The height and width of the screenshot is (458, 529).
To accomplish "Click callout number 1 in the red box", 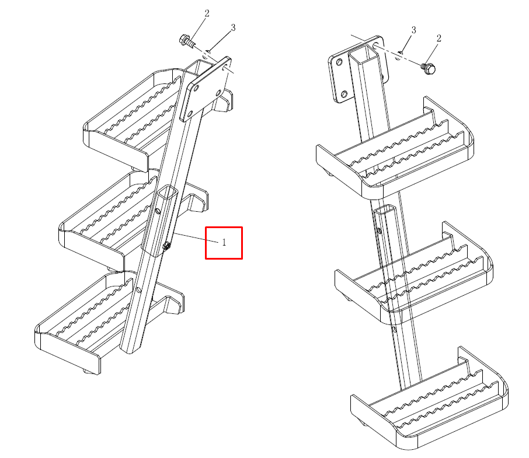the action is [x=224, y=242].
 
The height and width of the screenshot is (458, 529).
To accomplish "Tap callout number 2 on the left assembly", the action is [x=207, y=13].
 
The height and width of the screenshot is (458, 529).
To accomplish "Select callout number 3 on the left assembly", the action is [x=233, y=27].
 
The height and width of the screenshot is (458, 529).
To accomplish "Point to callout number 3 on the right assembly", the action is [x=413, y=30].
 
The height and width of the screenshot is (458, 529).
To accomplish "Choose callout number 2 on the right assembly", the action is [x=438, y=38].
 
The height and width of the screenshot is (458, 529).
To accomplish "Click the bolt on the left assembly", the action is [x=187, y=41].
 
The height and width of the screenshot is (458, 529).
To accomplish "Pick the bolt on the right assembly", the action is [x=429, y=68].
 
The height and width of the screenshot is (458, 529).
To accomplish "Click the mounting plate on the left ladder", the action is [x=206, y=89].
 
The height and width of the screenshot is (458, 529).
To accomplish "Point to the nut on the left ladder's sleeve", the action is [x=166, y=246].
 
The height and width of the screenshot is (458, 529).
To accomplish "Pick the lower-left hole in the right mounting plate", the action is [x=344, y=94].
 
